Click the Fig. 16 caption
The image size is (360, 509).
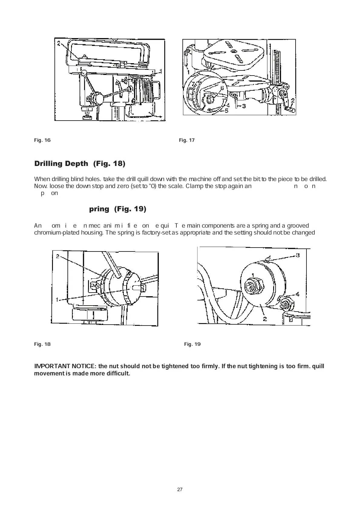click(x=42, y=140)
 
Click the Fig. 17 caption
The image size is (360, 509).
click(x=187, y=140)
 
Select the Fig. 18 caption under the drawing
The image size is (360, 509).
click(x=42, y=344)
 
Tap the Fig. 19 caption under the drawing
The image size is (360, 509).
click(x=192, y=344)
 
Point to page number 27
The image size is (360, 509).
click(x=180, y=489)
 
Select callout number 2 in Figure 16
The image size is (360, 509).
click(x=59, y=43)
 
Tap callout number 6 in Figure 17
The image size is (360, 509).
click(x=222, y=88)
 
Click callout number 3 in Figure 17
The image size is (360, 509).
click(x=244, y=106)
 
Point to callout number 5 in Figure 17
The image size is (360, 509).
click(x=226, y=111)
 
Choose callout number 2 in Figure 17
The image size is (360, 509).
click(x=293, y=100)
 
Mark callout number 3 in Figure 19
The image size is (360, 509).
click(x=298, y=255)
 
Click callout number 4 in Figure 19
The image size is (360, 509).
click(x=298, y=294)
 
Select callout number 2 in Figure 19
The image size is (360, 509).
click(x=265, y=319)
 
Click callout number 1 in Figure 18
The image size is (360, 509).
click(x=57, y=300)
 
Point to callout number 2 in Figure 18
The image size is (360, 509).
click(x=57, y=256)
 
